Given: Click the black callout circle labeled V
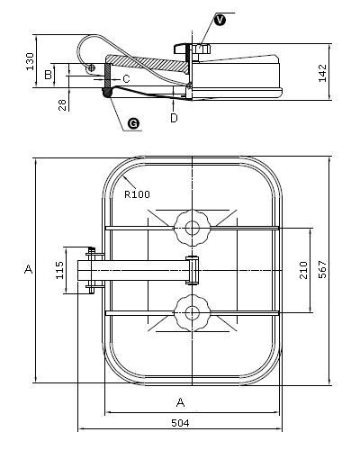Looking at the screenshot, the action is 220,21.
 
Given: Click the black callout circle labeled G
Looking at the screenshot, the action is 133,123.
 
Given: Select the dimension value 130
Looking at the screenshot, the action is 30,61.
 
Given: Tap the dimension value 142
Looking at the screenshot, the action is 322,73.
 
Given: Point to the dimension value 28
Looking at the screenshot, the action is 62,105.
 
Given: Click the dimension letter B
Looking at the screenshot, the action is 48,75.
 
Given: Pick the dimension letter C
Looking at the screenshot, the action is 127,79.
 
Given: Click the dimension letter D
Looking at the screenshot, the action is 174,118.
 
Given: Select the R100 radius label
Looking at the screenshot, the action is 137,194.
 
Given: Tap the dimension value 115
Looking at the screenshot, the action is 60,270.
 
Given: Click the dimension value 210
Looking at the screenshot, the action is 303,270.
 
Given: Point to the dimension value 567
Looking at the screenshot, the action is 322,270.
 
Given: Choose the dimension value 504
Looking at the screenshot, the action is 180,423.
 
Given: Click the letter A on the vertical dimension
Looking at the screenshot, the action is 29,269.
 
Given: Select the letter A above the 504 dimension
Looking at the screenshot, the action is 180,402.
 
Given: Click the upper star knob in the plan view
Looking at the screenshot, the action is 192,228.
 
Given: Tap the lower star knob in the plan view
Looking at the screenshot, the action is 192,313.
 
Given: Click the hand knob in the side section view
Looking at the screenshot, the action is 193,49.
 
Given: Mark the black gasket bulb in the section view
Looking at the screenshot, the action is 107,93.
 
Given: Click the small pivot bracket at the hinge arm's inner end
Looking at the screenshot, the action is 193,270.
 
